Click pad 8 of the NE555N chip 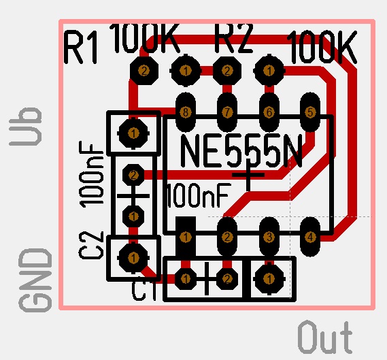point(186,112)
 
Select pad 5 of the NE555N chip point(310,112)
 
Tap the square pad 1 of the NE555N point(186,237)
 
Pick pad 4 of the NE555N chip point(310,237)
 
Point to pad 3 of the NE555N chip point(269,237)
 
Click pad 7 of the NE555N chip point(227,112)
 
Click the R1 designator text point(80,47)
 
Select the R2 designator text point(234,38)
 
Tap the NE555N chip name point(241,150)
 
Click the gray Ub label point(25,127)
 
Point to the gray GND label point(35,280)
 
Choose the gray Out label point(325,338)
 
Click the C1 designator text point(144,291)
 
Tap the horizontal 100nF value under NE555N point(199,195)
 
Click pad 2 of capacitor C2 point(133,176)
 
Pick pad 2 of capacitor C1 point(227,279)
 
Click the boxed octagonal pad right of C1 point(269,279)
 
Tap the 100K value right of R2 point(323,47)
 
